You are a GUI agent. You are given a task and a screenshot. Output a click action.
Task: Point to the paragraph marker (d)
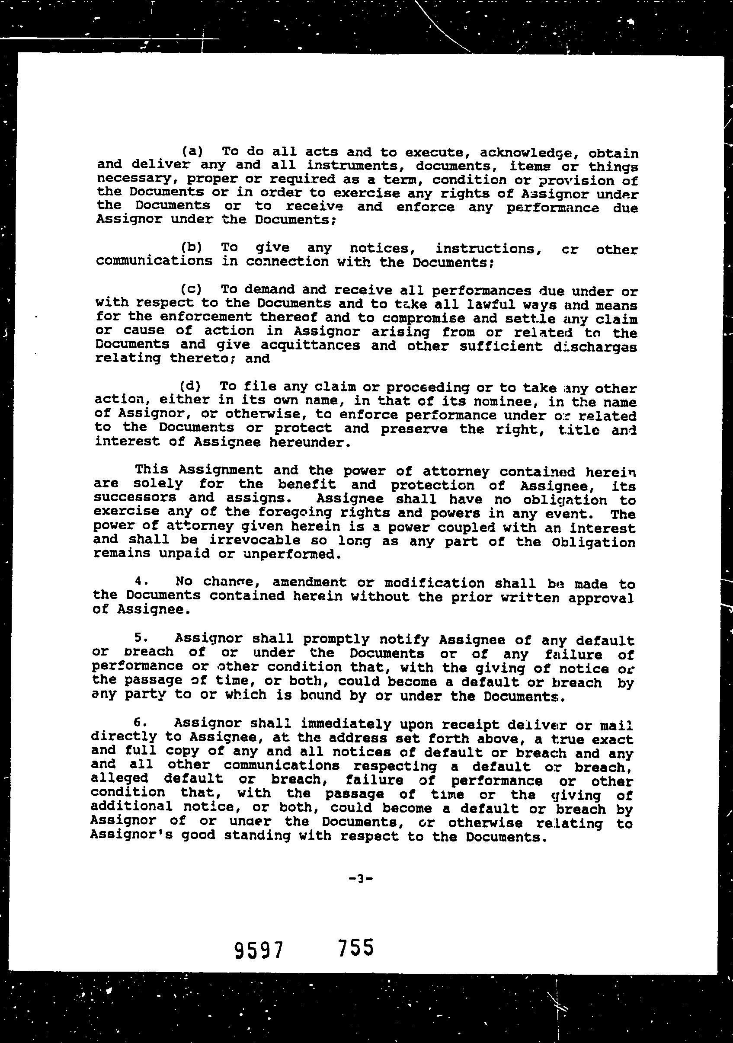coord(190,386)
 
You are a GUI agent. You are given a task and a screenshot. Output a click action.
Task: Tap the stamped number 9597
coord(259,950)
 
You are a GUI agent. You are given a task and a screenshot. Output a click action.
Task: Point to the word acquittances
coord(311,345)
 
